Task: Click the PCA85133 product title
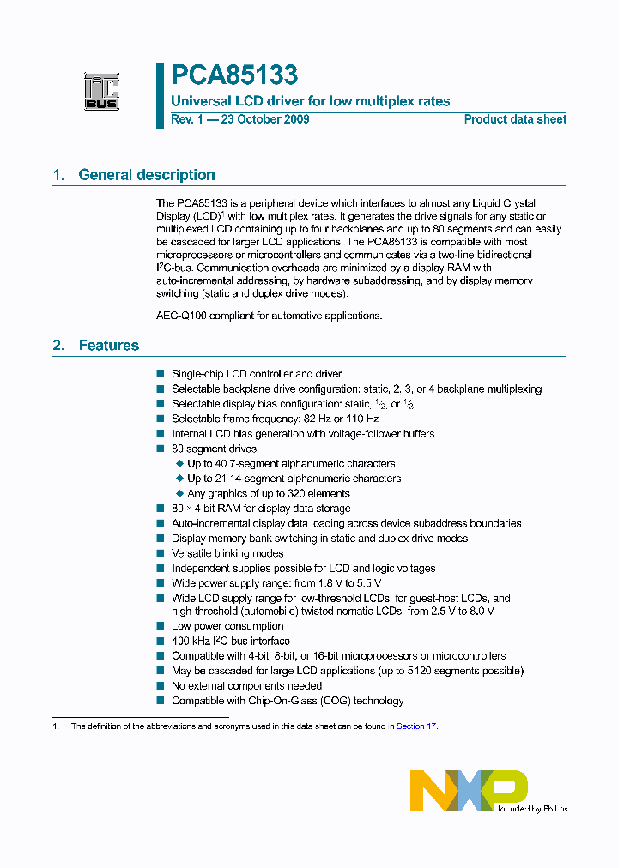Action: [x=233, y=76]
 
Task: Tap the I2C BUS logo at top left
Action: [x=100, y=92]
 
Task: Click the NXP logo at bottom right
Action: [x=468, y=790]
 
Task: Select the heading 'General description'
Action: [x=146, y=175]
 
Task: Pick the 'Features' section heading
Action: [x=108, y=346]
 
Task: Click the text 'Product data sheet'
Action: [x=515, y=119]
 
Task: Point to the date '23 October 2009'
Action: [x=265, y=119]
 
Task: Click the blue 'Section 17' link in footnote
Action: [x=416, y=726]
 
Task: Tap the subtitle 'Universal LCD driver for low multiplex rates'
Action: [x=310, y=101]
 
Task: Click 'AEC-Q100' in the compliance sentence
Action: [x=181, y=316]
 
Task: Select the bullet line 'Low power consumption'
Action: [x=227, y=626]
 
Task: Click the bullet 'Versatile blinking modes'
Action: [x=227, y=553]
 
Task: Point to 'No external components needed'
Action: [x=246, y=685]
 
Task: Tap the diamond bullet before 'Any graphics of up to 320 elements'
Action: [x=180, y=493]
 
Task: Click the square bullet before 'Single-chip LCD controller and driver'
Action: [x=160, y=374]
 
